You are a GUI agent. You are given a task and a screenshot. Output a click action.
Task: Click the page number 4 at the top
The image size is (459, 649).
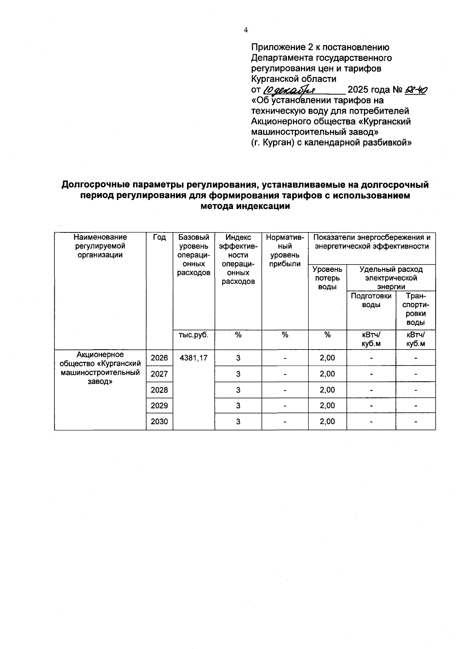pyautogui.click(x=246, y=30)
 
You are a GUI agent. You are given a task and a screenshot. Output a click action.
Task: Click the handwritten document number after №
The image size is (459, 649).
pyautogui.click(x=415, y=90)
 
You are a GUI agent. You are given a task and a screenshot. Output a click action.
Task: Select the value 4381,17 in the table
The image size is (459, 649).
pyautogui.click(x=194, y=358)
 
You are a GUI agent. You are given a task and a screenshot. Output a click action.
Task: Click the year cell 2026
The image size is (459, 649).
pyautogui.click(x=160, y=358)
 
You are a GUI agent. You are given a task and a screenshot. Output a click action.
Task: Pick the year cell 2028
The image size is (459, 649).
pyautogui.click(x=160, y=390)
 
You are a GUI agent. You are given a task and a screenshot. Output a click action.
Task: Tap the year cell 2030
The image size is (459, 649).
pyautogui.click(x=160, y=422)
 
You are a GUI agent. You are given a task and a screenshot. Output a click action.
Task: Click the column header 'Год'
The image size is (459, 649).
pyautogui.click(x=160, y=237)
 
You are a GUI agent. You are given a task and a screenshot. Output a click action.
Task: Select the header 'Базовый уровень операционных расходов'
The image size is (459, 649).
pyautogui.click(x=194, y=255)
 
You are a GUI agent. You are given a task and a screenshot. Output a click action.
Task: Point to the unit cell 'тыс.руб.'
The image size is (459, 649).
pyautogui.click(x=194, y=335)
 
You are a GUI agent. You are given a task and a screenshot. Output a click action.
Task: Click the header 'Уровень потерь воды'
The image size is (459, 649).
pyautogui.click(x=327, y=278)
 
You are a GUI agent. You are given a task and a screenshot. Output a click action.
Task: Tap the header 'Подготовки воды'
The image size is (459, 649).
pyautogui.click(x=371, y=300)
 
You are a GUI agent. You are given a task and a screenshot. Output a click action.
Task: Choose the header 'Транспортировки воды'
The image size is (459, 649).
pyautogui.click(x=416, y=309)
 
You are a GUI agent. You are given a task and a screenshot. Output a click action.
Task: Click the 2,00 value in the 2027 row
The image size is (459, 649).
pyautogui.click(x=327, y=374)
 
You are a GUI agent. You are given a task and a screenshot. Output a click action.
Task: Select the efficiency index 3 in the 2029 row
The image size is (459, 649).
pyautogui.click(x=238, y=405)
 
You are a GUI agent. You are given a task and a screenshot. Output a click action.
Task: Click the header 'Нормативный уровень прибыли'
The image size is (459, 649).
pyautogui.click(x=285, y=250)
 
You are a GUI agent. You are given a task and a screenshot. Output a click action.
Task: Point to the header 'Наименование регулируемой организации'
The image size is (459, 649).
pyautogui.click(x=100, y=246)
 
